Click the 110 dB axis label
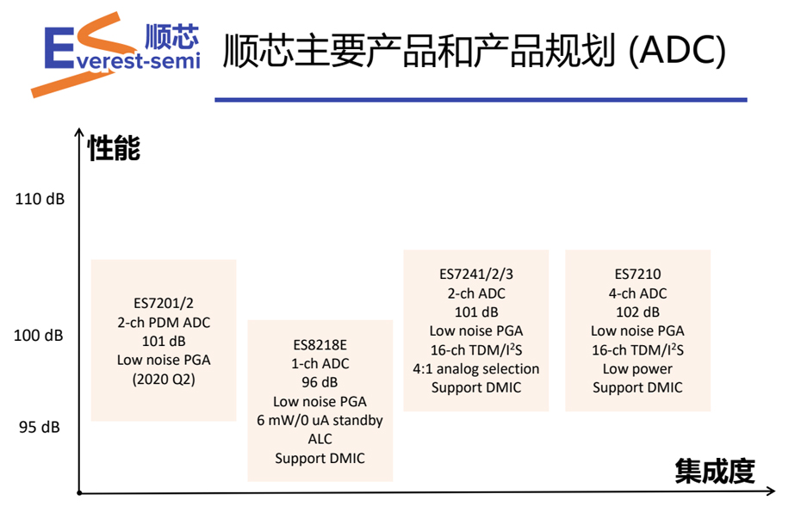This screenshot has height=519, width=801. click(x=40, y=200)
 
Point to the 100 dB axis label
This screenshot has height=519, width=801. click(x=39, y=336)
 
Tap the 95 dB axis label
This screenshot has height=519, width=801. click(x=38, y=427)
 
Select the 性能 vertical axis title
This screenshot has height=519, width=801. click(x=114, y=149)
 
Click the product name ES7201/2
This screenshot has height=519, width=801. click(x=164, y=304)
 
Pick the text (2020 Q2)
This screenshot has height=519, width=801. click(x=164, y=380)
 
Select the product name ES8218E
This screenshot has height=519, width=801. click(x=320, y=345)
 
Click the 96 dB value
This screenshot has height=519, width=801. click(x=320, y=383)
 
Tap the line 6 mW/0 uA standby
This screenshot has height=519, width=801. click(x=320, y=421)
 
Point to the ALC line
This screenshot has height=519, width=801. click(x=320, y=440)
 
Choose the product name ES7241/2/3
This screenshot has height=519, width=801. click(x=475, y=275)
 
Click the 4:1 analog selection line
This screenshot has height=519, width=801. click(x=475, y=369)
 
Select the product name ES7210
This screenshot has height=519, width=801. click(x=637, y=275)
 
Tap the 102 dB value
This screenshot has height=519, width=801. click(x=637, y=312)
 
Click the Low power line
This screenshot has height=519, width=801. click(x=637, y=369)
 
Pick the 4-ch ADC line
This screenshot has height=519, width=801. click(x=637, y=293)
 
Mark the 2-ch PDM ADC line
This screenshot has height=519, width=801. click(x=164, y=323)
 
